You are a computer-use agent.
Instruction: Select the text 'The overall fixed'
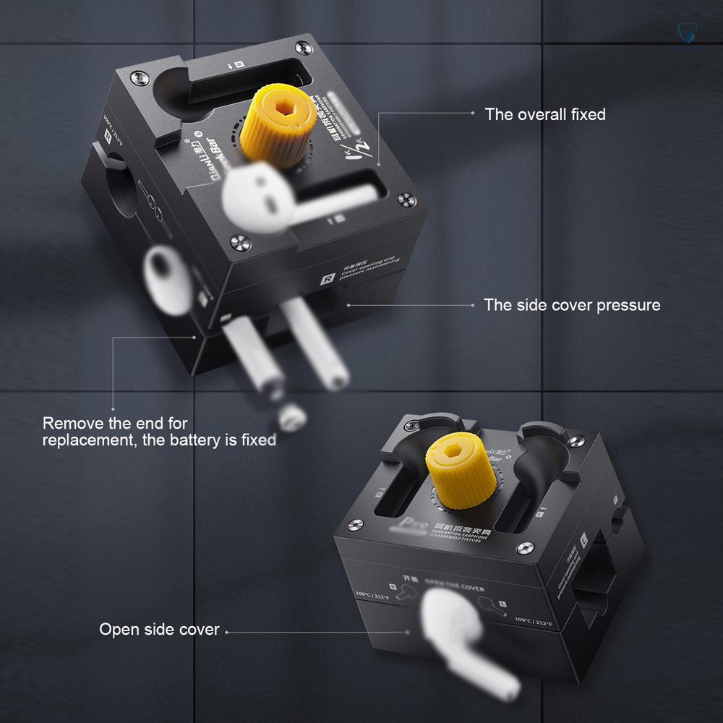pyautogui.click(x=544, y=114)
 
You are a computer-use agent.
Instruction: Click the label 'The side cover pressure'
pyautogui.click(x=572, y=305)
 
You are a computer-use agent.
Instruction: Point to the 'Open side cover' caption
pyautogui.click(x=159, y=630)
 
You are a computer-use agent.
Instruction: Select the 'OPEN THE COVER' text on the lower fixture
pyautogui.click(x=453, y=587)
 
